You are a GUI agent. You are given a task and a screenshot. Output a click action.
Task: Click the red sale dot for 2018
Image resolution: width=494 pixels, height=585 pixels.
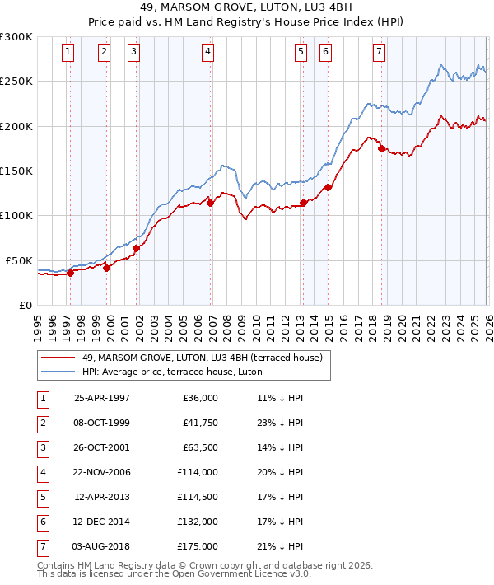click(381, 149)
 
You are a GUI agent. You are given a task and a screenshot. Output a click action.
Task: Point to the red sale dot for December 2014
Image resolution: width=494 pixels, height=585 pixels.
click(328, 187)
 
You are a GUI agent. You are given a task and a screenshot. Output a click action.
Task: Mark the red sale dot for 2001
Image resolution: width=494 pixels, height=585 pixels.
click(136, 247)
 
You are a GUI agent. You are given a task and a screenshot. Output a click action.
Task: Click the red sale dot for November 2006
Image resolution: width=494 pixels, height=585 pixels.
click(210, 203)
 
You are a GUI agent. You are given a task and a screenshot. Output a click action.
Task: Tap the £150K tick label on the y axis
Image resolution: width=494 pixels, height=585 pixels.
click(16, 171)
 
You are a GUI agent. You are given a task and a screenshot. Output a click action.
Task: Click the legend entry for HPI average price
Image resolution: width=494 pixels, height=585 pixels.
click(172, 372)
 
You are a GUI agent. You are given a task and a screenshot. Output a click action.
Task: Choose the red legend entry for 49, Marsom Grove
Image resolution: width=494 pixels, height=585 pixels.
click(206, 358)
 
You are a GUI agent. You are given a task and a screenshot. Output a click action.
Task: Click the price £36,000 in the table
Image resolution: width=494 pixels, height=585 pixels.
click(201, 398)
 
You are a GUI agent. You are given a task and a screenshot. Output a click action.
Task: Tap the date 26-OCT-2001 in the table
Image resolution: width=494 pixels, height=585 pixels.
click(101, 449)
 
